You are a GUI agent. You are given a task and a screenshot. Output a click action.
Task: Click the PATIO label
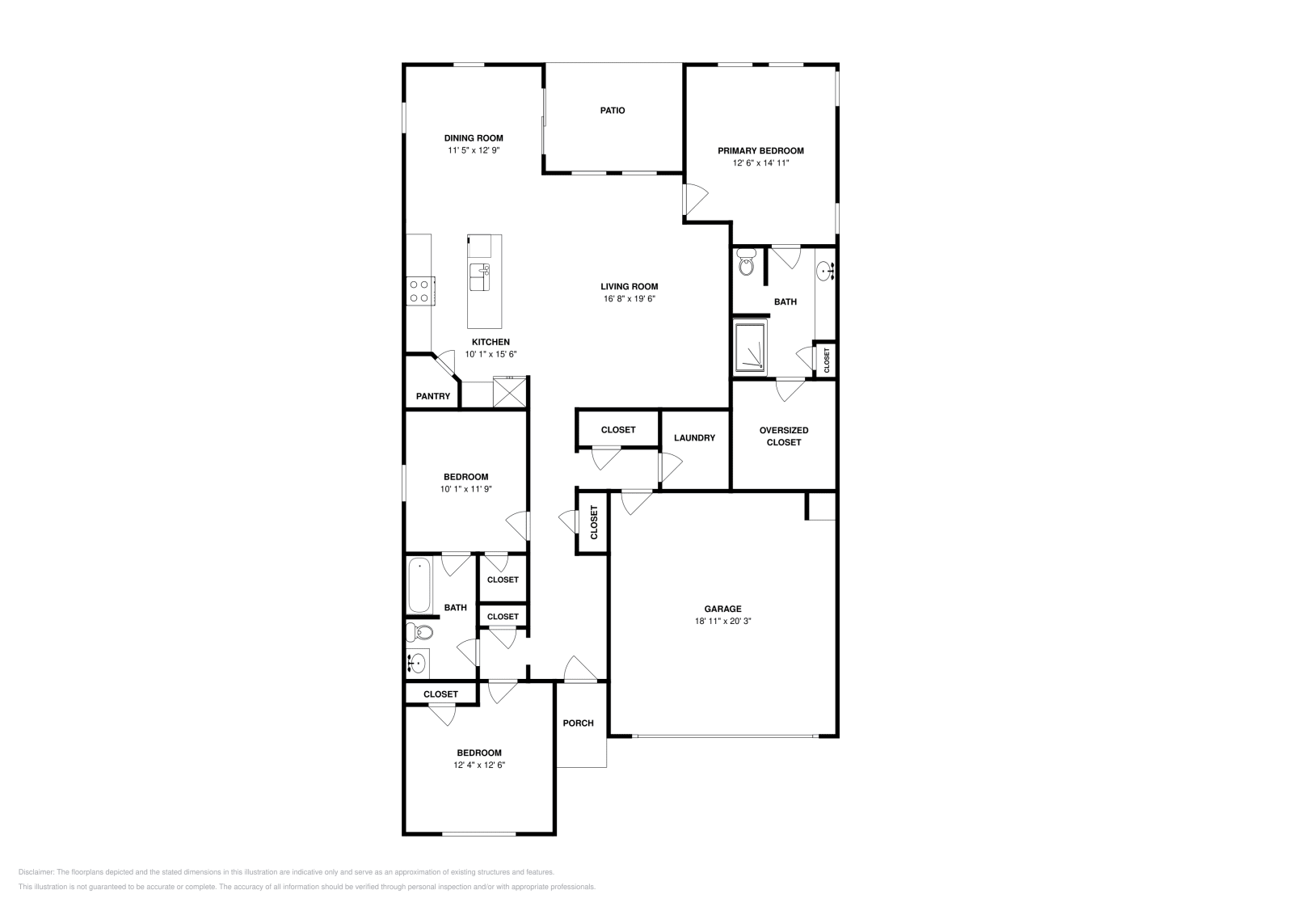[612, 111]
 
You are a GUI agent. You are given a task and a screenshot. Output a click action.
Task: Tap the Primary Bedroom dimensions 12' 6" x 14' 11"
[760, 163]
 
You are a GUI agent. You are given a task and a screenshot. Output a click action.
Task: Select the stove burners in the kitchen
[419, 290]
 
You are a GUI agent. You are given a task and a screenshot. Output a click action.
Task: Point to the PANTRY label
[432, 397]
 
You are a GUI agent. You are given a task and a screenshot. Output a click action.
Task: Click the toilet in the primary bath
[747, 264]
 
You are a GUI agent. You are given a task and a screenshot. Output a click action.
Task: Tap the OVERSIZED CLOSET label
[783, 436]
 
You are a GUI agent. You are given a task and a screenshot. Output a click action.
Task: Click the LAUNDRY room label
[694, 438]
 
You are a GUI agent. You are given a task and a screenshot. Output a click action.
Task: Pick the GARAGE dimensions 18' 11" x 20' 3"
[722, 622]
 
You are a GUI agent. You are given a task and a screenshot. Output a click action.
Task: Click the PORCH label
[578, 723]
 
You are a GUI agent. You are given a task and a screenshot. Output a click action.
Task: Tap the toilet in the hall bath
[419, 631]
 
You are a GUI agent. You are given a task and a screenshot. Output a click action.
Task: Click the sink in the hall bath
[416, 664]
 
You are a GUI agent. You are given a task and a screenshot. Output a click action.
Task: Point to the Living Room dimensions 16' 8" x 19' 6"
[629, 298]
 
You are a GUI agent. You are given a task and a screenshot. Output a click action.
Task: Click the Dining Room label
[474, 138]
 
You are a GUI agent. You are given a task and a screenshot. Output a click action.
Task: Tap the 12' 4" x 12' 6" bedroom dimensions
[479, 765]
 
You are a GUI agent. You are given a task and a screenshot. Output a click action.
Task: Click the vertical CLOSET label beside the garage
[593, 522]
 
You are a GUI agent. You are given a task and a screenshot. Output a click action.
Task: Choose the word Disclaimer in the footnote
[35, 872]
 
